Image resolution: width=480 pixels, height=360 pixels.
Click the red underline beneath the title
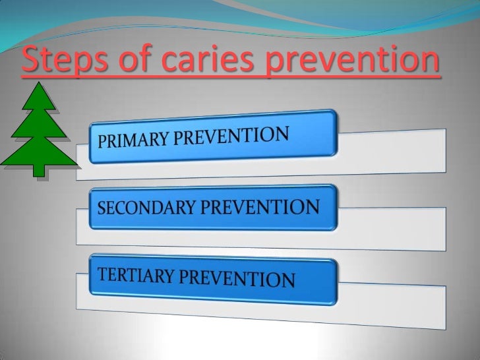click(x=231, y=79)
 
